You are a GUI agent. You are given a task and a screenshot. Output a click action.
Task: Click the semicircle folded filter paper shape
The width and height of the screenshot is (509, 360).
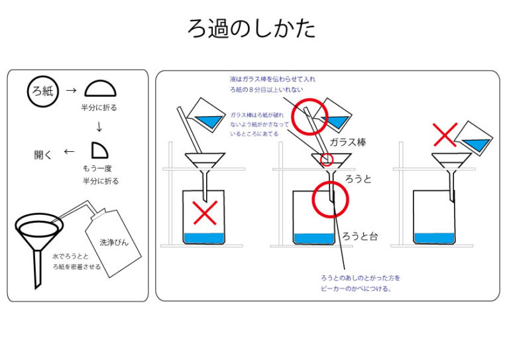(x=101, y=89)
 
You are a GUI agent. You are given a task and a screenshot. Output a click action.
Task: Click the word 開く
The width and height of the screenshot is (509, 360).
(x=44, y=154)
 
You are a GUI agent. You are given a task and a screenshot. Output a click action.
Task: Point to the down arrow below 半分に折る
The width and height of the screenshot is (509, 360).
(x=100, y=125)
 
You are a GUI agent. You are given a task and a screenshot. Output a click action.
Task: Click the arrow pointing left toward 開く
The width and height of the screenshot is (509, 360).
(x=69, y=152)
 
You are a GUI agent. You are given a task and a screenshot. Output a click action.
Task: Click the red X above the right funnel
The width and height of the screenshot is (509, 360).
(x=445, y=135)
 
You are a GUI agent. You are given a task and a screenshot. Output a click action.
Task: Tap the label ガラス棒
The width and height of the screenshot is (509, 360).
(x=347, y=142)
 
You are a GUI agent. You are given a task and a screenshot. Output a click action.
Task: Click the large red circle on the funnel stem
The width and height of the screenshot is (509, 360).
(x=330, y=198)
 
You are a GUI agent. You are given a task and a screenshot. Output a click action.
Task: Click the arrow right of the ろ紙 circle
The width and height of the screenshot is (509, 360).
(x=72, y=89)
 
